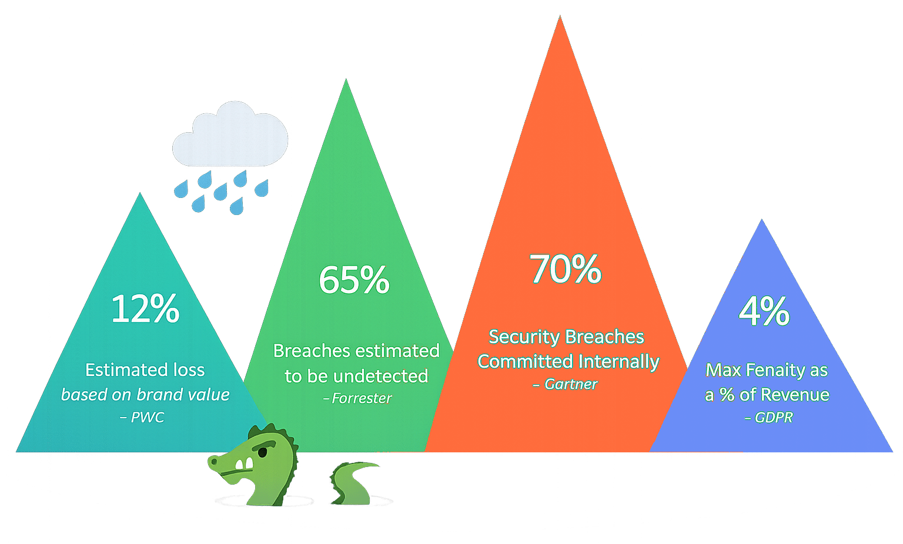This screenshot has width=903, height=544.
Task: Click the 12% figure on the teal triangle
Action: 145,308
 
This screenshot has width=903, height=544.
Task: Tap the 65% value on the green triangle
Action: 354,280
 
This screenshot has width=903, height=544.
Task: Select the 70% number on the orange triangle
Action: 566,269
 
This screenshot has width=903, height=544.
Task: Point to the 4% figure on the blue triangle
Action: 764,311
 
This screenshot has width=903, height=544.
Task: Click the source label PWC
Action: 147,417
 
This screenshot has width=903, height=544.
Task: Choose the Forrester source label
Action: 361,398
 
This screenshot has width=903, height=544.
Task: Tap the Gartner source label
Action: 570,384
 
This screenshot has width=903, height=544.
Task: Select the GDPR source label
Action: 773,417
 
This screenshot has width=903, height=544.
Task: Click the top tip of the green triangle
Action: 346,82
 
